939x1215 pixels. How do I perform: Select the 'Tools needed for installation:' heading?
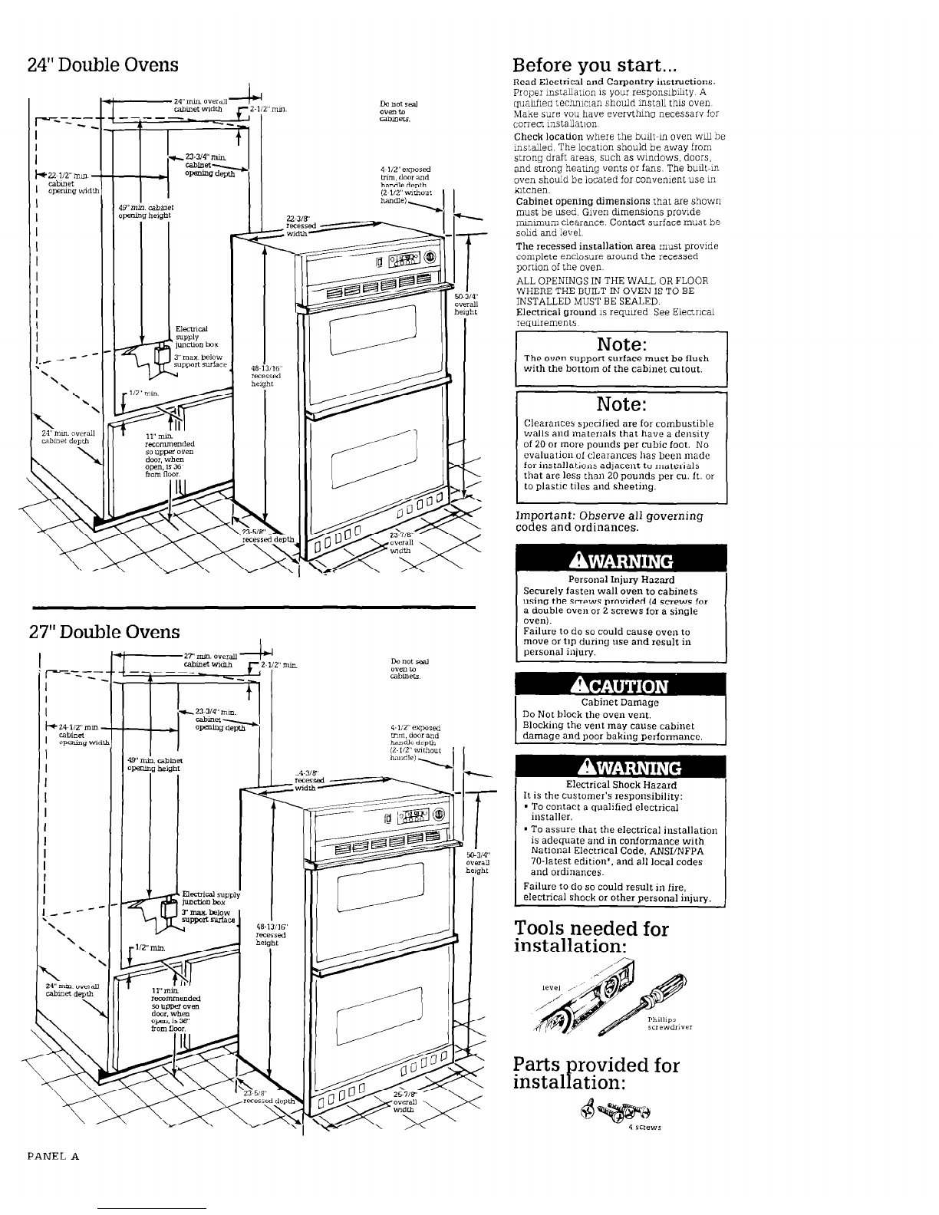tap(591, 937)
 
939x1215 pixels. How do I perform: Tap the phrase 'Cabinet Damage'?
tap(620, 702)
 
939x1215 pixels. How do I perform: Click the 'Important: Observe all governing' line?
tap(609, 515)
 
